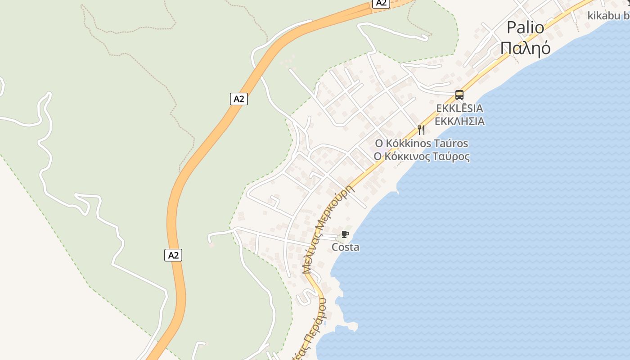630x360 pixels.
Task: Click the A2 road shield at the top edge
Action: pyautogui.click(x=381, y=3)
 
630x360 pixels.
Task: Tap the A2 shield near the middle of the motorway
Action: pyautogui.click(x=239, y=99)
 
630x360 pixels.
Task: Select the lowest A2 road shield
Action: pyautogui.click(x=173, y=255)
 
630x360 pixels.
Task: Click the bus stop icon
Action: pyautogui.click(x=459, y=95)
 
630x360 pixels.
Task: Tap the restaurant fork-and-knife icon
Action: pyautogui.click(x=421, y=130)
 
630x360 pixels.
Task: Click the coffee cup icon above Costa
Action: pyautogui.click(x=345, y=234)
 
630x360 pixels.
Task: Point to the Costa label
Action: pyautogui.click(x=345, y=247)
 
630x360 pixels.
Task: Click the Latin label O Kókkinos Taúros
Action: pyautogui.click(x=421, y=144)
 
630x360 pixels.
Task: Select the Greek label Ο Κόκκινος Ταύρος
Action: pyautogui.click(x=421, y=157)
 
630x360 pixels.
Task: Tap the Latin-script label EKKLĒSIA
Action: pyautogui.click(x=459, y=108)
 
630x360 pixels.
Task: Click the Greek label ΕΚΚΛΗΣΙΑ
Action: pyautogui.click(x=459, y=121)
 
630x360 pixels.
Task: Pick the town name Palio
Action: pyautogui.click(x=525, y=27)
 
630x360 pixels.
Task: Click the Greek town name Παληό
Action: pyautogui.click(x=525, y=47)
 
